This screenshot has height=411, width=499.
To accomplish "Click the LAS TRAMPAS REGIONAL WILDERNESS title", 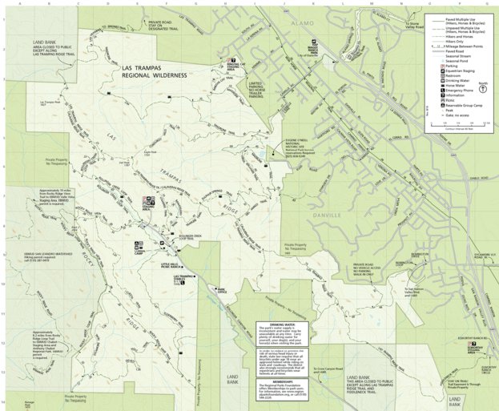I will pos(153,75).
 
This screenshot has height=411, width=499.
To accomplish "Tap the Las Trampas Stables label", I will pos(184,278).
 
